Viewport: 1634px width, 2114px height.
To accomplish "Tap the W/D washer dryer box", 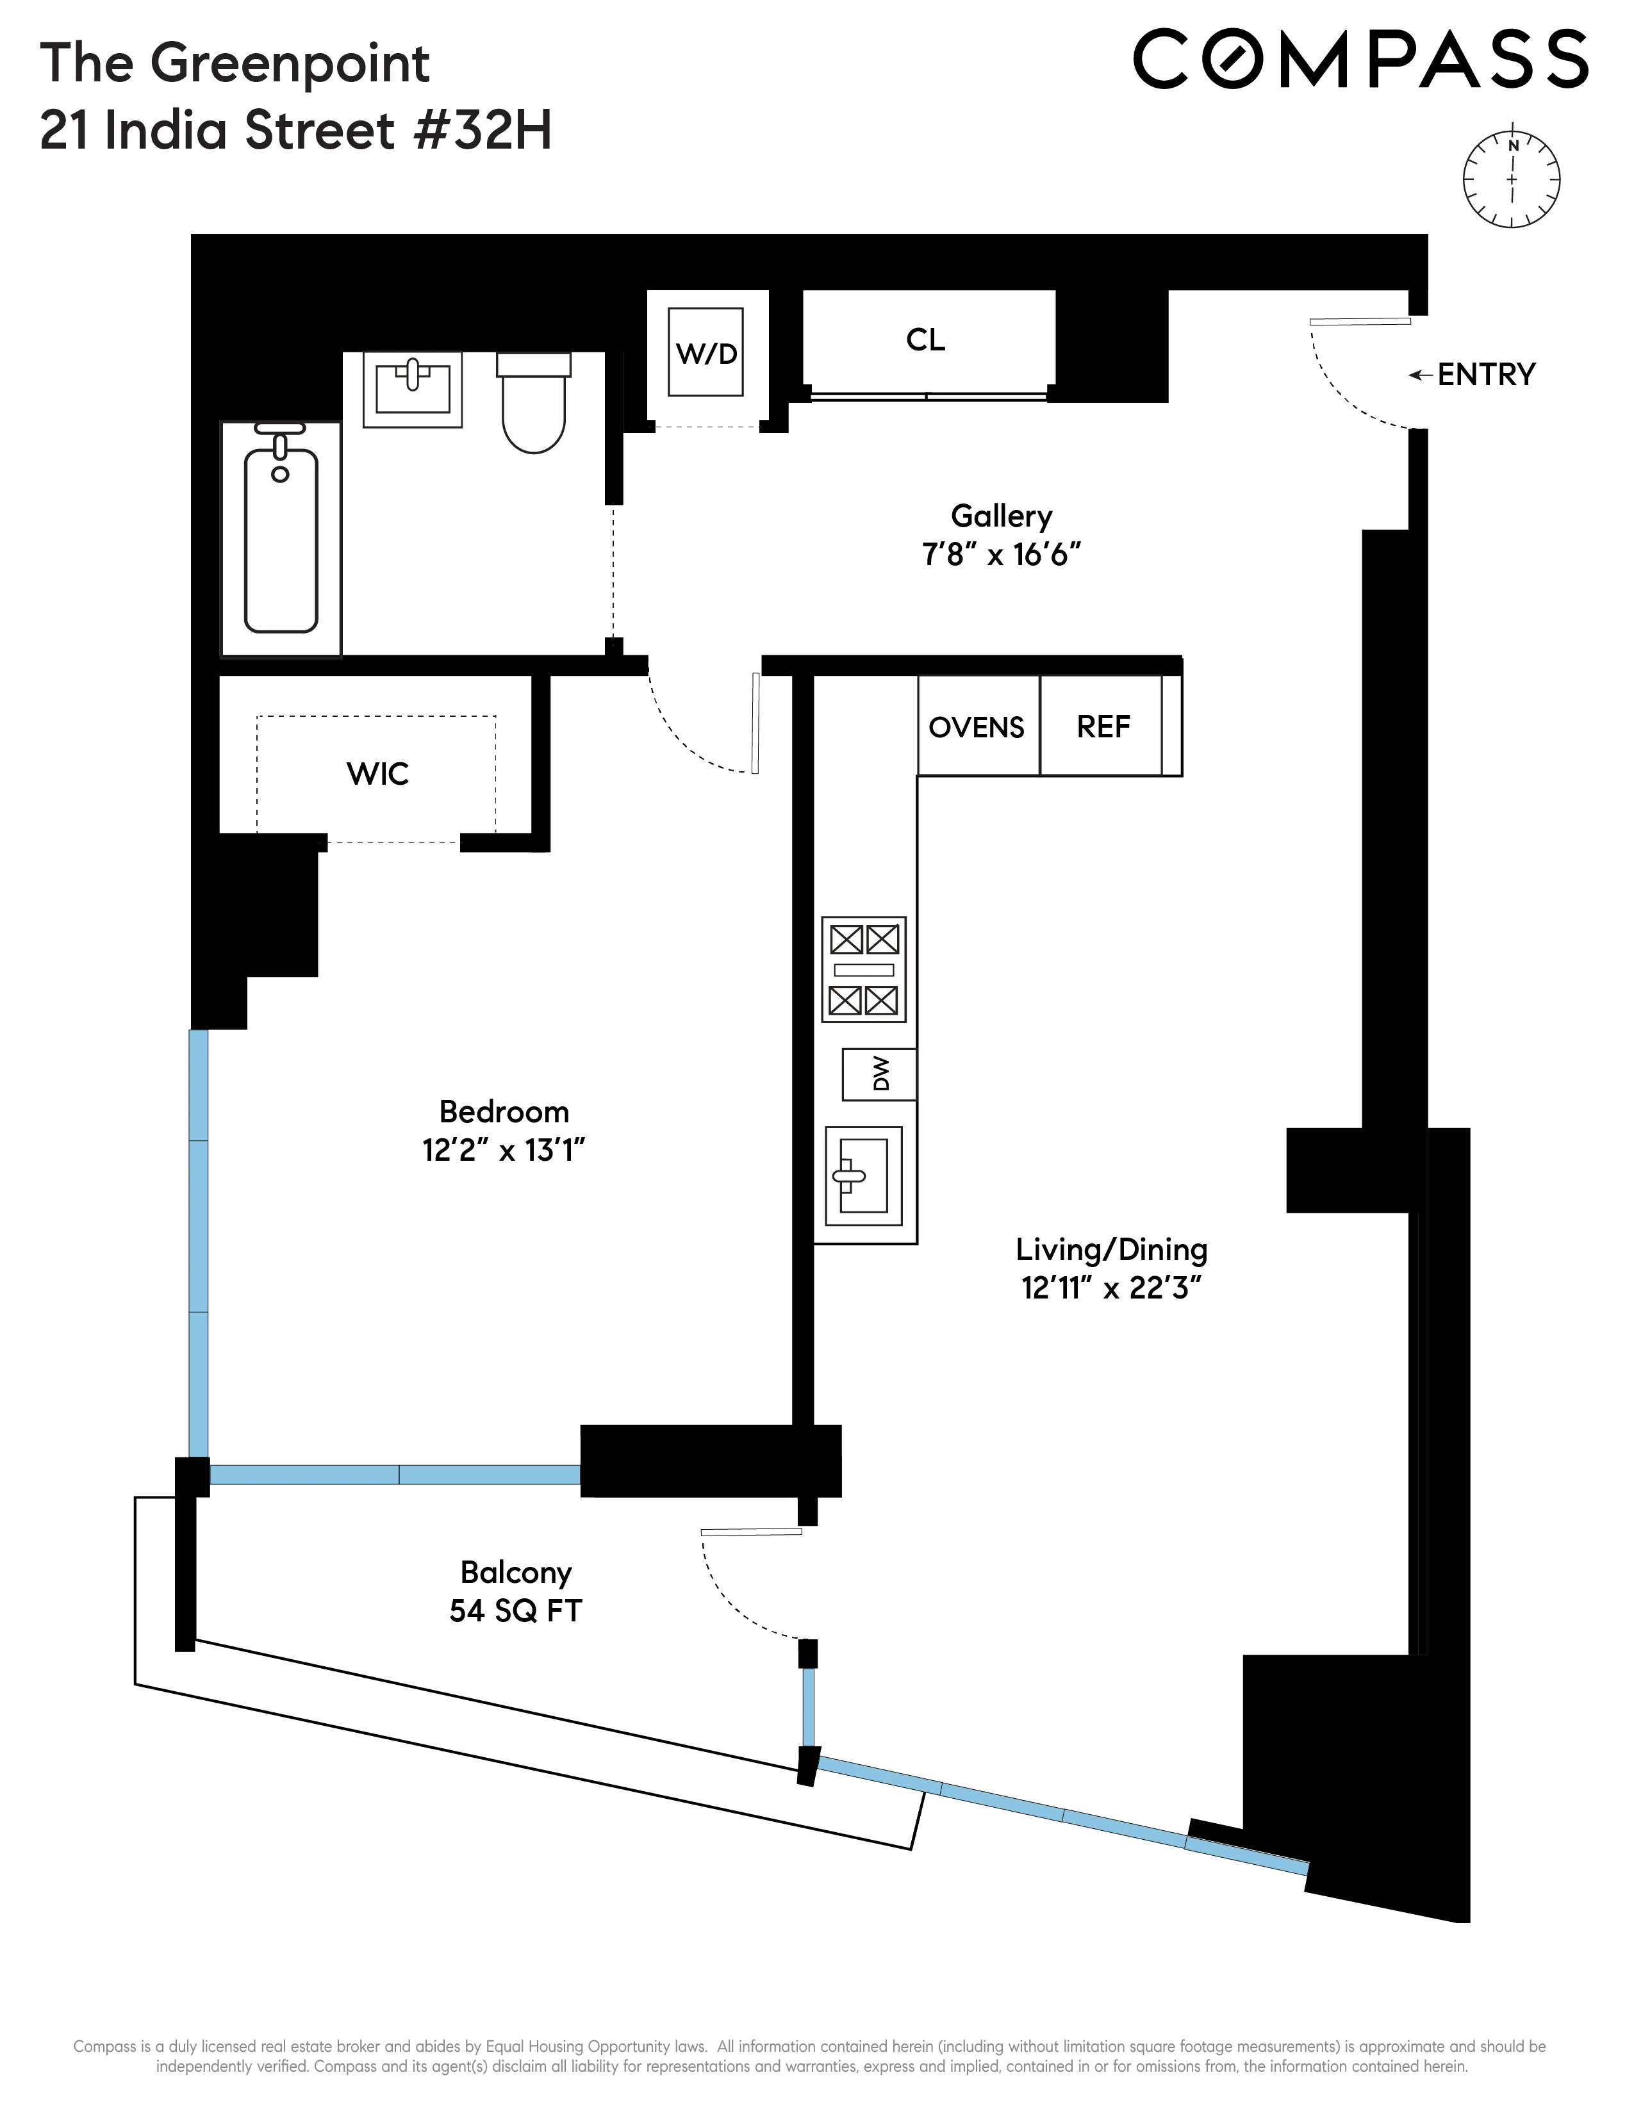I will click(x=706, y=352).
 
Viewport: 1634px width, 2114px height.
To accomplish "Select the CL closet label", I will click(x=925, y=340).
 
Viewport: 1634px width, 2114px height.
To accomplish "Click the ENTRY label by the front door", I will click(x=1486, y=375).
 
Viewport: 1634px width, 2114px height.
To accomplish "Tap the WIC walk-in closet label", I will click(x=377, y=773).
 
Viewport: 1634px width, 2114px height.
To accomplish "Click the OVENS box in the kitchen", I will click(x=977, y=727).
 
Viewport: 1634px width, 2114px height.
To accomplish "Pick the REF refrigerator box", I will click(x=1103, y=727).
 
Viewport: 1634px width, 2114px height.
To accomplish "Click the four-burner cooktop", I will click(x=864, y=969).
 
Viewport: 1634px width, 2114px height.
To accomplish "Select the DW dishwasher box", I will click(x=879, y=1074).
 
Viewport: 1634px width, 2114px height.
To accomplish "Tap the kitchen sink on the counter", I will click(x=862, y=1175).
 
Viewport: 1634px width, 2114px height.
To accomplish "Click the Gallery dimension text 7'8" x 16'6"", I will click(x=1001, y=555).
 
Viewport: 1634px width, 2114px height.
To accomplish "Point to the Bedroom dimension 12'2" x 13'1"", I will click(x=504, y=1150).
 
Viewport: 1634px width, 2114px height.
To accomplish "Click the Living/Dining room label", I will click(x=1111, y=1250).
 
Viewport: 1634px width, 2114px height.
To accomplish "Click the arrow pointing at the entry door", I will click(x=1419, y=375).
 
